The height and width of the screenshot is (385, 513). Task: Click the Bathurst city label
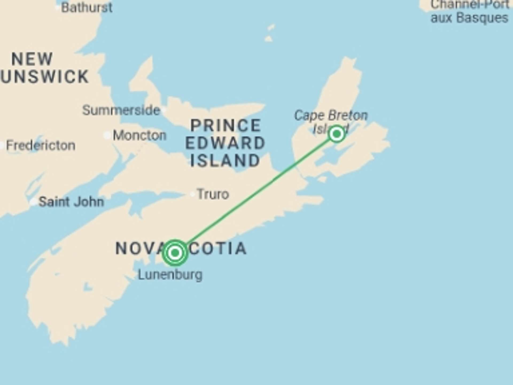(87, 7)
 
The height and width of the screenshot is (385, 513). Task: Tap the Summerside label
(121, 110)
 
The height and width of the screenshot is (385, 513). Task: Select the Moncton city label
(139, 135)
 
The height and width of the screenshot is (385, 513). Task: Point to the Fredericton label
(41, 145)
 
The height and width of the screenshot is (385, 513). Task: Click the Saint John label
(71, 202)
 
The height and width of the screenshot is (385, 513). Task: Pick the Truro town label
(213, 194)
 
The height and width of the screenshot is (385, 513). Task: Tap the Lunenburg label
(170, 275)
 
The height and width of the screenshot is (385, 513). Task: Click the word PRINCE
(226, 125)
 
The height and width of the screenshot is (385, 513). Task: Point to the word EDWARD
(225, 143)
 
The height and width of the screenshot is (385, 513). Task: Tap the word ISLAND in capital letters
(225, 161)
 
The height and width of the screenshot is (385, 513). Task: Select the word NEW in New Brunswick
(32, 59)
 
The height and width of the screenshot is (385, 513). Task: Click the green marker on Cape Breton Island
(337, 134)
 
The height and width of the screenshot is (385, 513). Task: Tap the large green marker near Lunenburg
(175, 253)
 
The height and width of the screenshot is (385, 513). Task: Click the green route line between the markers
(256, 193)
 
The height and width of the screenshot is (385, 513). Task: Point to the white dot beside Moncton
(107, 135)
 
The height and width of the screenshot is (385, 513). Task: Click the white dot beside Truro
(192, 194)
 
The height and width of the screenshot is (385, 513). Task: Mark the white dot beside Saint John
(33, 202)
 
